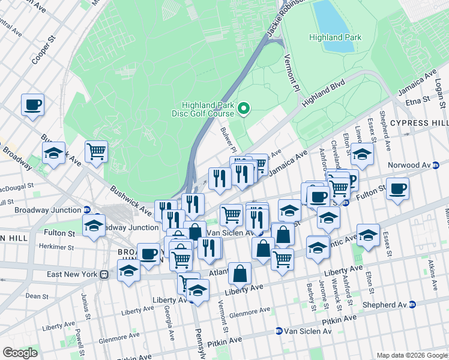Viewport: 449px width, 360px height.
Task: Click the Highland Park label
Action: pyautogui.click(x=335, y=37)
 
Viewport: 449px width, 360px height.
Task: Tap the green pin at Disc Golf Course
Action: pyautogui.click(x=244, y=109)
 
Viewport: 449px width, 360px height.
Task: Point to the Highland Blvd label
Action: pyautogui.click(x=324, y=93)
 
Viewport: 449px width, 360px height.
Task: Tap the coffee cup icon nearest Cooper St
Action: pyautogui.click(x=33, y=104)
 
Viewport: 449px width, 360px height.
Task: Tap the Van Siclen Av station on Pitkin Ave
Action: pyautogui.click(x=303, y=331)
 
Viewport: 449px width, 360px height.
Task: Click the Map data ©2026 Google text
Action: pyautogui.click(x=411, y=355)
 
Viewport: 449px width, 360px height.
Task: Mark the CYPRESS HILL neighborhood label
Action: pyautogui.click(x=418, y=123)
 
